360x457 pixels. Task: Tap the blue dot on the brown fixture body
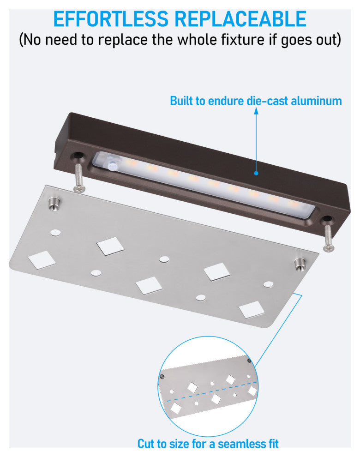click(x=256, y=173)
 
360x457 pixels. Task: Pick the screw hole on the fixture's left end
click(x=79, y=156)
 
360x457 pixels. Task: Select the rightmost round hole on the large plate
click(x=268, y=283)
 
